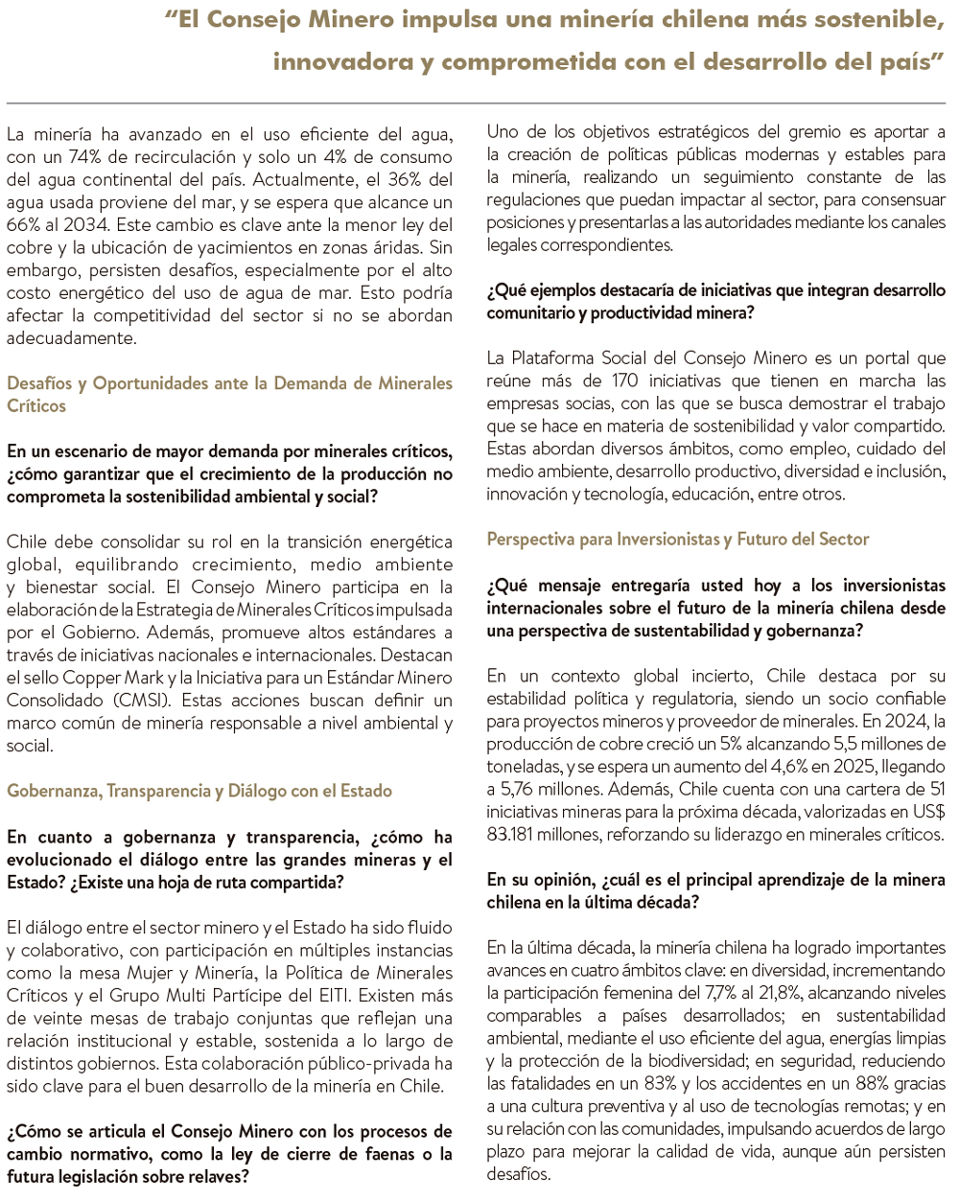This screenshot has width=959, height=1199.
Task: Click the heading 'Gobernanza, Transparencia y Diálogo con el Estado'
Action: point(199,791)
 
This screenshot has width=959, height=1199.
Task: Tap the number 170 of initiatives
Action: point(624,380)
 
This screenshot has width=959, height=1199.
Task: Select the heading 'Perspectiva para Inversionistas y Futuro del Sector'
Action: point(678,539)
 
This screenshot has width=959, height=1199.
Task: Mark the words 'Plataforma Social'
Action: point(577,358)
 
